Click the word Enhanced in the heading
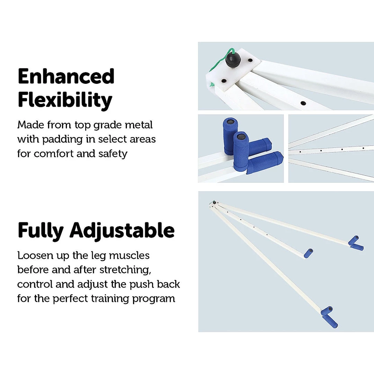66,76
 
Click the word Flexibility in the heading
65,100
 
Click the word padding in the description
62,140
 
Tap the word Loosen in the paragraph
35,256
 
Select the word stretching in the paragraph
125,270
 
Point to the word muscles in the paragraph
129,256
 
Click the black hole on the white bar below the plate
303,103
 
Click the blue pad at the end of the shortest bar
309,253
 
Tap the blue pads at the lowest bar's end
329,317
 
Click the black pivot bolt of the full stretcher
214,203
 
